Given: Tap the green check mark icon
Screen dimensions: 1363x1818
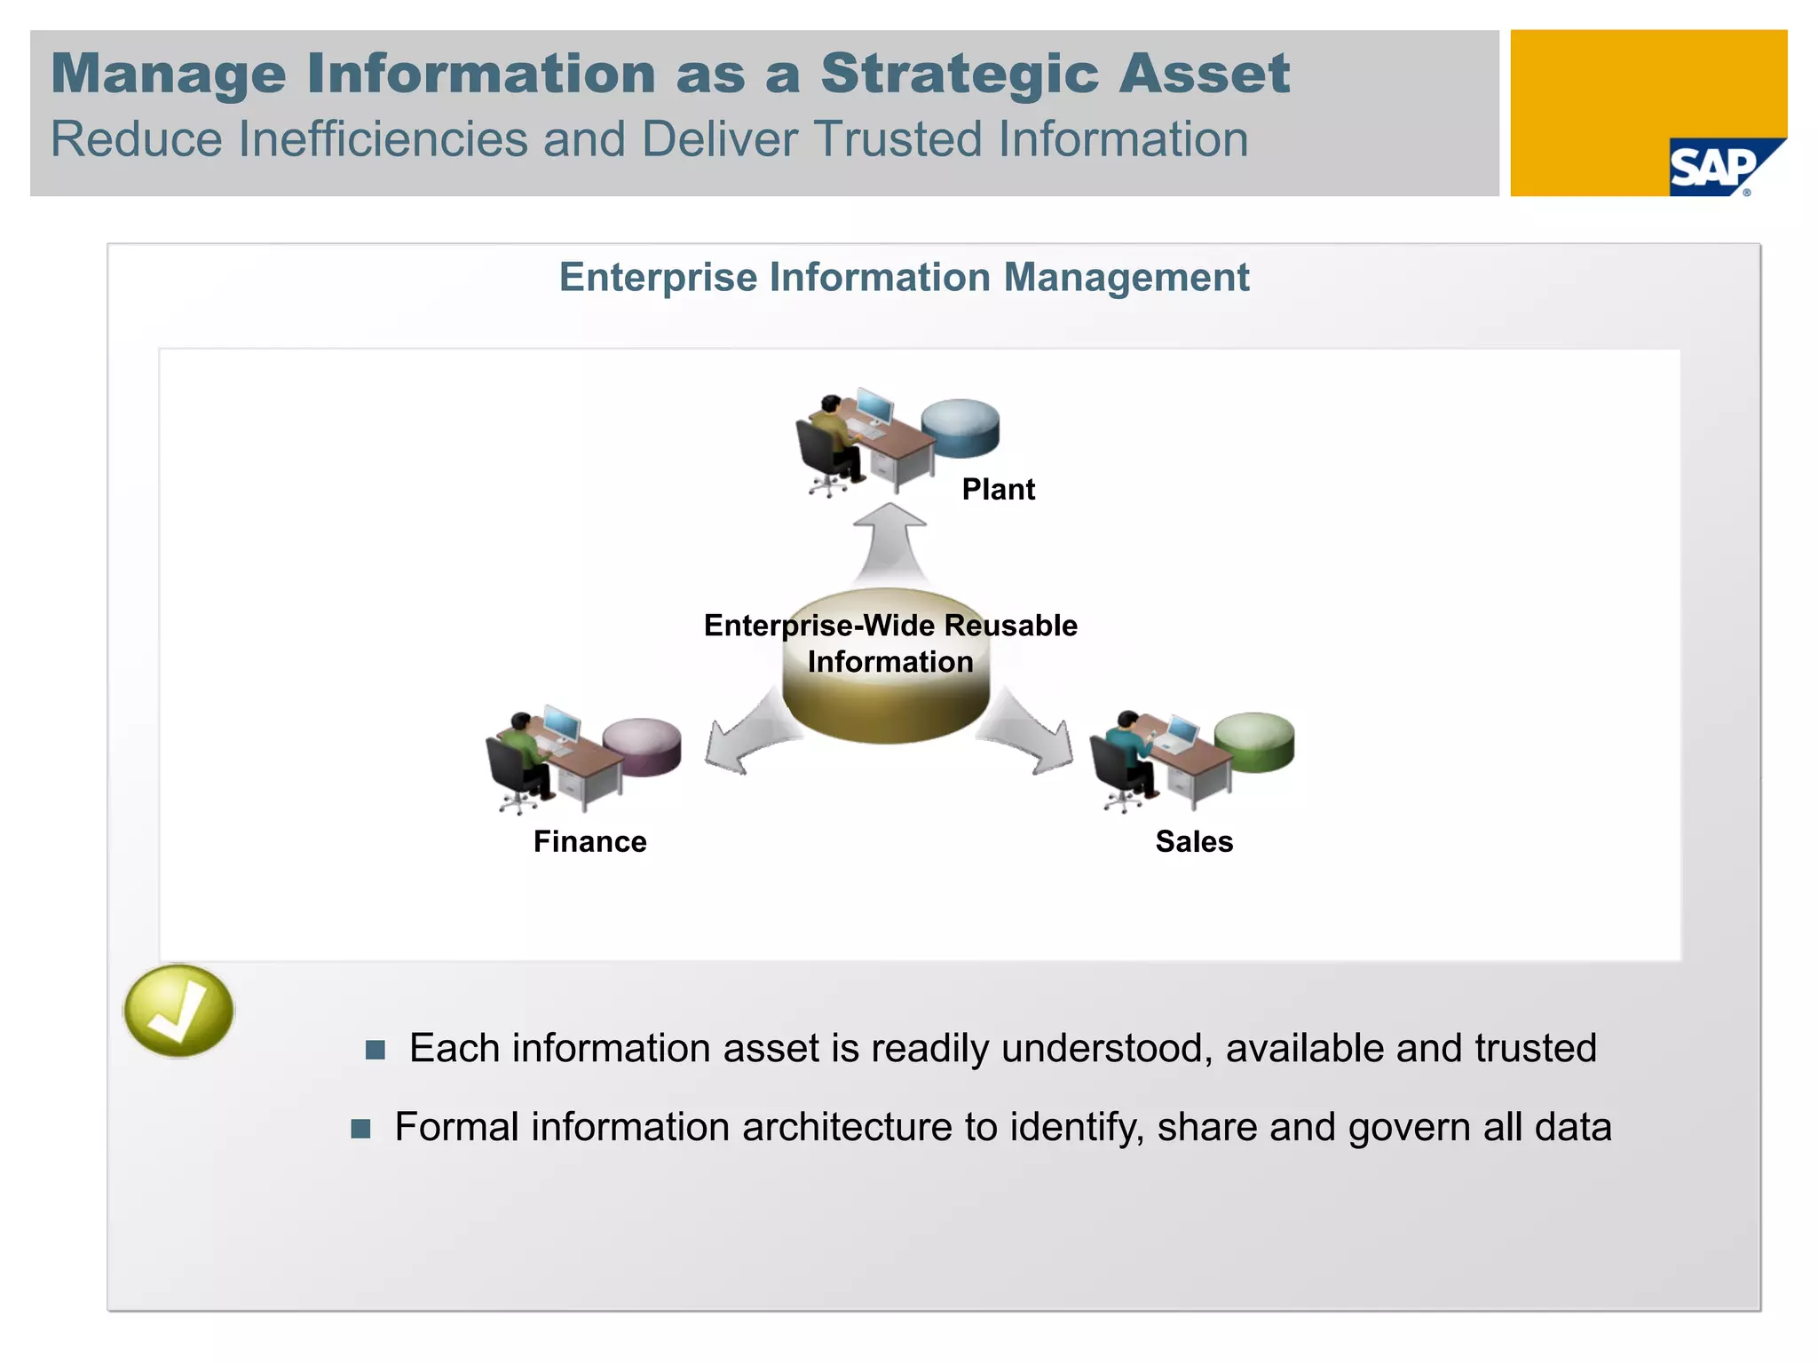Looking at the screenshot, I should [x=178, y=1011].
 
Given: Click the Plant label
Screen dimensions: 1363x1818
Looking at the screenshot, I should [x=998, y=489].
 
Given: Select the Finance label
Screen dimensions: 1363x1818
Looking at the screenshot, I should [x=589, y=841].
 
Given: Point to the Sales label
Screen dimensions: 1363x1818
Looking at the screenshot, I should [x=1194, y=841].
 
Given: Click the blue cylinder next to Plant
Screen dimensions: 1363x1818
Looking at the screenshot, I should [x=960, y=428].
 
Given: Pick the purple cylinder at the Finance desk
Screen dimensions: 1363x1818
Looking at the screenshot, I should [x=643, y=746].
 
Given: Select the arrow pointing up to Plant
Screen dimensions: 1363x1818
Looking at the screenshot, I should [x=889, y=541].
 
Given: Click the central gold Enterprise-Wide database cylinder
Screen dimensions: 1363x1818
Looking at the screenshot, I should [x=886, y=701].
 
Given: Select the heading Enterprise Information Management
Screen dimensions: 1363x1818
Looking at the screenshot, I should [x=904, y=277].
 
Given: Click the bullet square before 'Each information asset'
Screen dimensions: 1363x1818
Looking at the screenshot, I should [x=375, y=1051].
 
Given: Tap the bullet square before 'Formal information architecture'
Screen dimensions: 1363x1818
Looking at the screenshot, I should [x=360, y=1129].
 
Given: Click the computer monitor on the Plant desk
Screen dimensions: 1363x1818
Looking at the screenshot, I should [x=874, y=406].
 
